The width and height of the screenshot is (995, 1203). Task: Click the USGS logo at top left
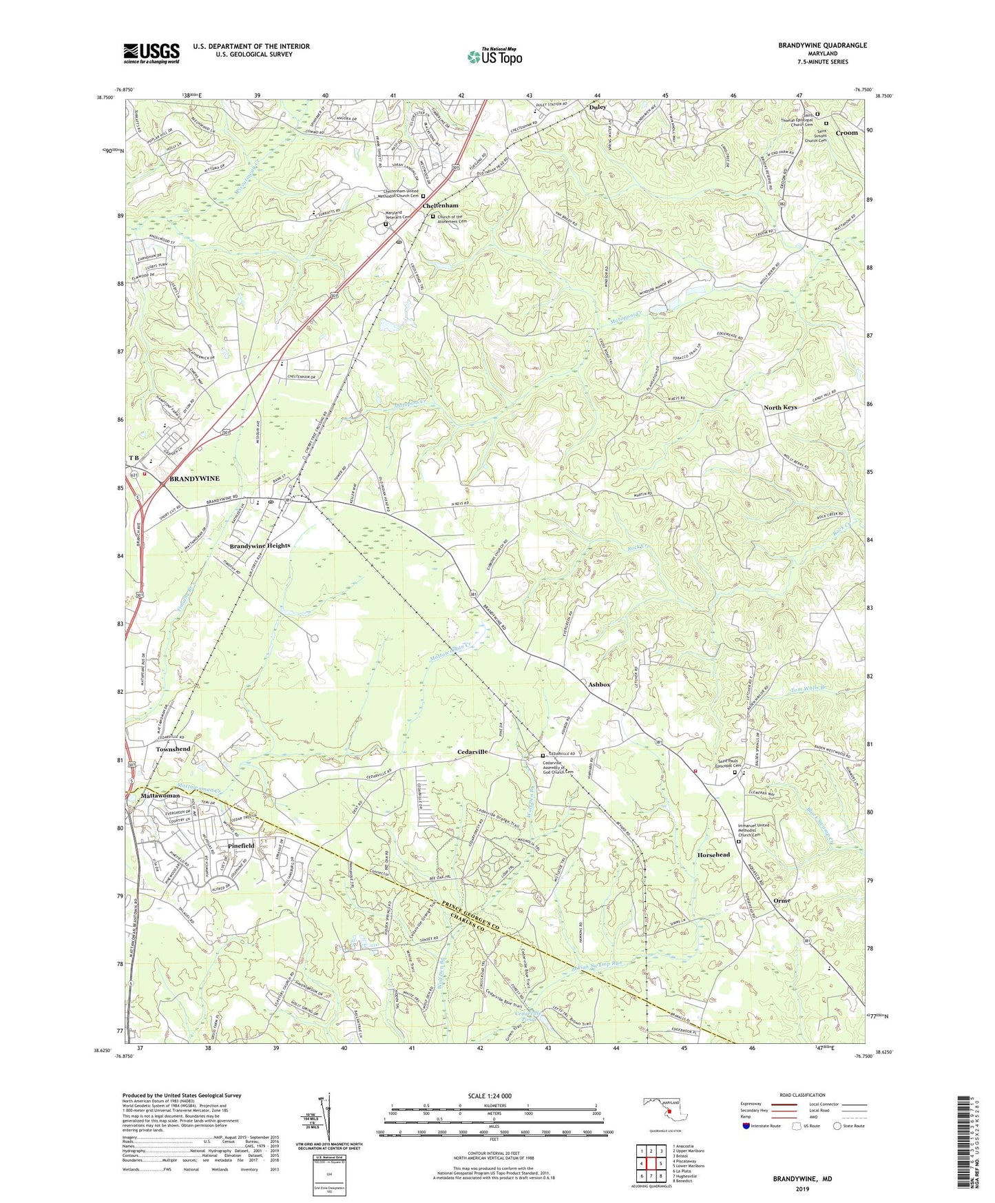pyautogui.click(x=151, y=53)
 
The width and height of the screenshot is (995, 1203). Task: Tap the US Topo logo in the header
pyautogui.click(x=494, y=56)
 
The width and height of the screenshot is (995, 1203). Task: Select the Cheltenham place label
pyautogui.click(x=441, y=206)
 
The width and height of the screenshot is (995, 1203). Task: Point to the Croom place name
pyautogui.click(x=846, y=133)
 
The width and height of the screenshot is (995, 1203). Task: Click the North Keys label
pyautogui.click(x=780, y=407)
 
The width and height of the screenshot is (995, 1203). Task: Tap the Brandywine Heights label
pyautogui.click(x=260, y=545)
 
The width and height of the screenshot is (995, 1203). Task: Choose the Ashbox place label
pyautogui.click(x=599, y=684)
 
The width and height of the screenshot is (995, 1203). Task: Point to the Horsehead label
pyautogui.click(x=713, y=855)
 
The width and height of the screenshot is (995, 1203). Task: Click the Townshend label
pyautogui.click(x=173, y=749)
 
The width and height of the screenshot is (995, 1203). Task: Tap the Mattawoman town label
pyautogui.click(x=160, y=796)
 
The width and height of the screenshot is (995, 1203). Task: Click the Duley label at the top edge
pyautogui.click(x=598, y=107)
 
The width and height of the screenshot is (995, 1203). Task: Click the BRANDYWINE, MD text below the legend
pyautogui.click(x=803, y=1179)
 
